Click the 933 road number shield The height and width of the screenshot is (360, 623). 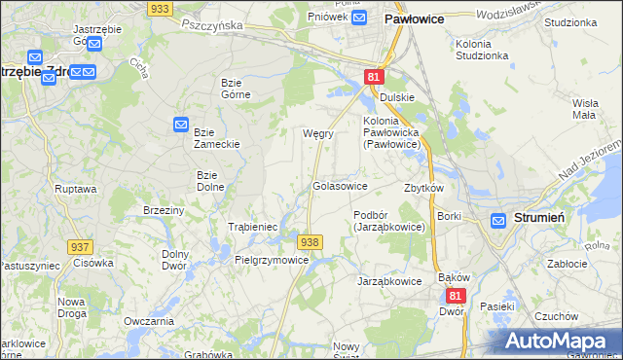pos(161,7)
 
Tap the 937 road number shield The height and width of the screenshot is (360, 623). pos(80,248)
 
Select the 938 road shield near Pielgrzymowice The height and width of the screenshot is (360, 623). pos(310,241)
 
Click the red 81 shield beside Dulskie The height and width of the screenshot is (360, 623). pos(374,77)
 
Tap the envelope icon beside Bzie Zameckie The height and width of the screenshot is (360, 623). pos(181,124)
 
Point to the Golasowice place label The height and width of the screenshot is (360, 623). pos(339,185)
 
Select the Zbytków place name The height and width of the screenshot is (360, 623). pos(423,188)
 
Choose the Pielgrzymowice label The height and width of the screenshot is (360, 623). pos(272,260)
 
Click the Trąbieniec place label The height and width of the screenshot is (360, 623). pos(253,227)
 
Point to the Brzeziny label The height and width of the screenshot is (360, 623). pos(164,210)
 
